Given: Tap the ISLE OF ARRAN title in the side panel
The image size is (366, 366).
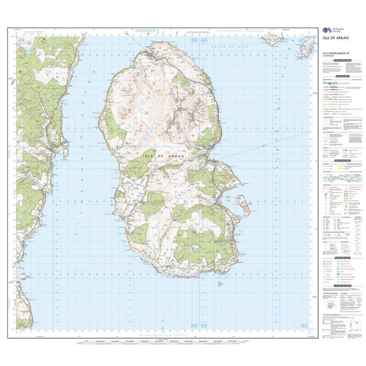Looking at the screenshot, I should pos(340,46).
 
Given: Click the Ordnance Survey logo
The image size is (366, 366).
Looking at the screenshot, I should pos(332,31).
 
